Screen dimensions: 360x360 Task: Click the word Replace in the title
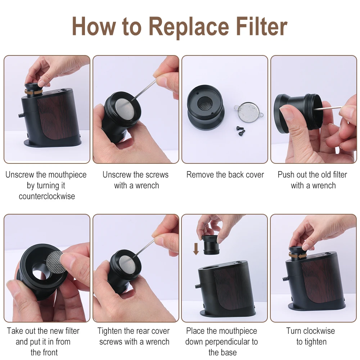tap(189, 27)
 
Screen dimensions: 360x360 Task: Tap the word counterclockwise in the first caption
tap(47, 196)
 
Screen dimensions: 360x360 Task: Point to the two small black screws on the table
tap(240, 130)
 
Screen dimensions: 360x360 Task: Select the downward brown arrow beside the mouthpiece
tap(196, 249)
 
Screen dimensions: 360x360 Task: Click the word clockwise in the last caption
tap(318, 331)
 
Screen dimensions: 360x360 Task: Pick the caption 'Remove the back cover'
tap(225, 175)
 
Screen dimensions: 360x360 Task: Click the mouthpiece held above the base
tap(211, 245)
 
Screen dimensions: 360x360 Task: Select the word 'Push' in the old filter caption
tap(286, 175)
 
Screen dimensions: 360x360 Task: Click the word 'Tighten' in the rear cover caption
tap(109, 331)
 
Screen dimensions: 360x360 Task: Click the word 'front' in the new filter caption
tap(50, 352)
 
